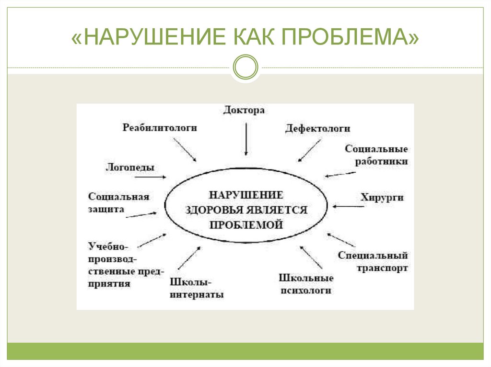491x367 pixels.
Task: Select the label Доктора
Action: [x=244, y=110]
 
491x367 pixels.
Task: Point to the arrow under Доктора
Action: [x=246, y=139]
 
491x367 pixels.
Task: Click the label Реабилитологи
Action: [x=160, y=128]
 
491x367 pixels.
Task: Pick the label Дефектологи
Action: [x=317, y=128]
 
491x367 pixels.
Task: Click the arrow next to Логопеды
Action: [x=150, y=177]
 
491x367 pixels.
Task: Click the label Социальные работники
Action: [x=376, y=155]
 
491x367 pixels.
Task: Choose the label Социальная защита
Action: [x=118, y=203]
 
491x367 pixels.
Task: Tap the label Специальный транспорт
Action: [x=372, y=262]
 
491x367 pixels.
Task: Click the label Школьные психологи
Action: [x=306, y=284]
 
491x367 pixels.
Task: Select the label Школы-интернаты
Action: [x=196, y=288]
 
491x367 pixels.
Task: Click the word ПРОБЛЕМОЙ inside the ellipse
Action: [x=246, y=224]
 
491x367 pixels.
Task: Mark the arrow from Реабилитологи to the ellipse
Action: [x=185, y=149]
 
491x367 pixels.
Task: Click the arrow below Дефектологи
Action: [x=309, y=150]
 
